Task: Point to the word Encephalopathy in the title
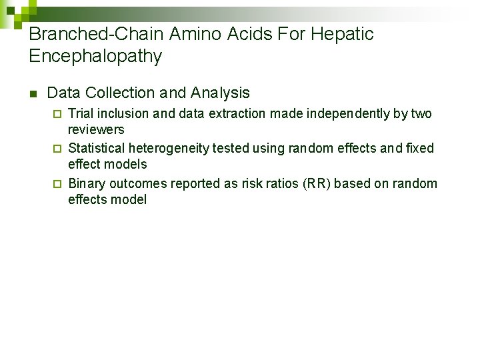(x=95, y=57)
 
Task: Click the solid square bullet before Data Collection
(x=33, y=93)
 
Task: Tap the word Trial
(x=81, y=114)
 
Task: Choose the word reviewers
(x=96, y=130)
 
